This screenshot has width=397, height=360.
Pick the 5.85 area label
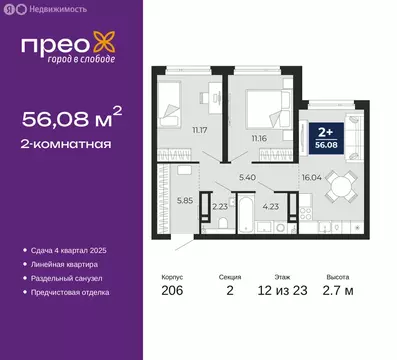pos(172,198)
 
